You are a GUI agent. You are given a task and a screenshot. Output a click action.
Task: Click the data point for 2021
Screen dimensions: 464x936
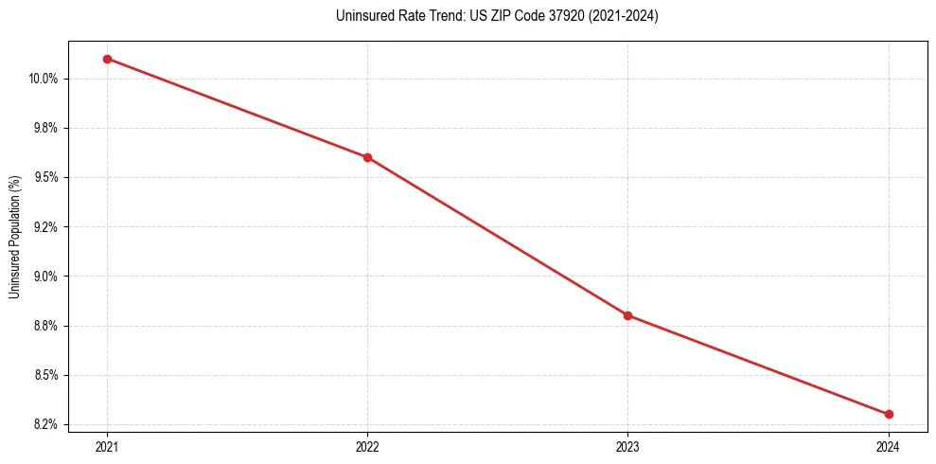(x=107, y=59)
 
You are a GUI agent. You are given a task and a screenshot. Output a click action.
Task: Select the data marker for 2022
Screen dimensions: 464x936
(x=367, y=157)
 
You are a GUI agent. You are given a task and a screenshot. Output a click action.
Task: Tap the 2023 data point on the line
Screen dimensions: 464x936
(x=627, y=315)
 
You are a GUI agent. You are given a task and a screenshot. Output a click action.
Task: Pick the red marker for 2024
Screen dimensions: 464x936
(x=889, y=414)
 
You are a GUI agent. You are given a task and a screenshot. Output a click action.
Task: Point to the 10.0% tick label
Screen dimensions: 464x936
(x=44, y=79)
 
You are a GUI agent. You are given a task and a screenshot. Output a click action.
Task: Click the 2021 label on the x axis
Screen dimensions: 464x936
(x=107, y=447)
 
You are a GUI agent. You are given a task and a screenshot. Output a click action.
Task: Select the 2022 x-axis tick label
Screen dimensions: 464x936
(x=367, y=447)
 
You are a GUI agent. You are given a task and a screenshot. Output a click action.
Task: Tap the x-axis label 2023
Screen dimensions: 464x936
(x=627, y=447)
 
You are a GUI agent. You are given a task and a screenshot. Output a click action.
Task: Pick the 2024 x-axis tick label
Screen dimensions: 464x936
(x=889, y=447)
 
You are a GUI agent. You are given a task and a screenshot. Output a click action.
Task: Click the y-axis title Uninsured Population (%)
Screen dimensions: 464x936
(x=14, y=236)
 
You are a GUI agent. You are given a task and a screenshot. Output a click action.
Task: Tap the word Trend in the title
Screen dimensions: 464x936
(x=430, y=16)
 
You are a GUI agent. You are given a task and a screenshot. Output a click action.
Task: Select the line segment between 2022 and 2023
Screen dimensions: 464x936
(x=497, y=236)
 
